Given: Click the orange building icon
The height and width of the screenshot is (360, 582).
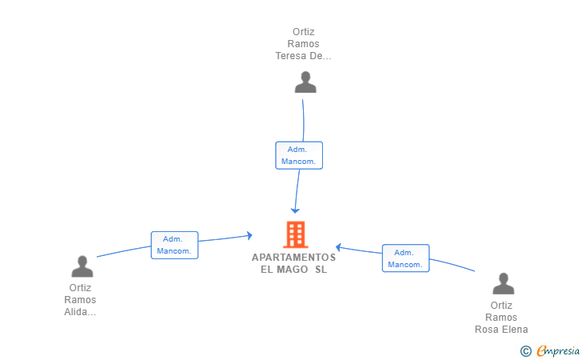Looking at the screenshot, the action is click(x=296, y=234).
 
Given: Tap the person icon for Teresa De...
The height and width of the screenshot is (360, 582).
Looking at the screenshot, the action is click(x=305, y=82).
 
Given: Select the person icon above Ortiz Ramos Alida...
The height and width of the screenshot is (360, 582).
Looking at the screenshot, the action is click(x=82, y=266).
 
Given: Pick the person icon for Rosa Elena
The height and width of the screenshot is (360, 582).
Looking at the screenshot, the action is click(x=504, y=283).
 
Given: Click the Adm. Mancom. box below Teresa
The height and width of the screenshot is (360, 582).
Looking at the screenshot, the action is click(x=299, y=155).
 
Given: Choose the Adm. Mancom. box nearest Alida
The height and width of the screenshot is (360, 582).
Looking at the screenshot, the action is click(x=174, y=246).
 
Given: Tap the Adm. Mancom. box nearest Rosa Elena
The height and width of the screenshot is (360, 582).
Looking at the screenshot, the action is click(x=405, y=258).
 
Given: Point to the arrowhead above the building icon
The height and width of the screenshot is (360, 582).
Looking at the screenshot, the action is click(x=295, y=210).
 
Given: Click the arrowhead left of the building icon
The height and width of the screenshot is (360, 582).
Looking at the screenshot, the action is click(x=249, y=235).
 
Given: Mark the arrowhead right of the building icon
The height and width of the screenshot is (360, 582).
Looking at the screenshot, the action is click(x=338, y=247).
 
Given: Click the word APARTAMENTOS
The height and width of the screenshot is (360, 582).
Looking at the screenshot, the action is click(x=293, y=258).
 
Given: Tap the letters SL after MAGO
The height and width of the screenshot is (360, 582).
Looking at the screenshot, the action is click(x=321, y=270).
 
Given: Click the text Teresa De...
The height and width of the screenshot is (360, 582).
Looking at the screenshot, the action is click(x=303, y=56).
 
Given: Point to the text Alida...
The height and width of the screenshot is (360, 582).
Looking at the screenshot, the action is click(x=80, y=312).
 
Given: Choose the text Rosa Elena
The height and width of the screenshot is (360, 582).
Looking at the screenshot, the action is click(x=501, y=329).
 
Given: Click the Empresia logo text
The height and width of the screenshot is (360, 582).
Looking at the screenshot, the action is click(x=558, y=350).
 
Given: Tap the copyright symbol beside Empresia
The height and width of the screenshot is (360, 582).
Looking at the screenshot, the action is click(x=525, y=351).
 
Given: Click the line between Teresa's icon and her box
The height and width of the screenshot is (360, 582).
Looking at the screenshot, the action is click(x=304, y=120).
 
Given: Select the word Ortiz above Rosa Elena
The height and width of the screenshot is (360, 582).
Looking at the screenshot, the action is click(x=501, y=306).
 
